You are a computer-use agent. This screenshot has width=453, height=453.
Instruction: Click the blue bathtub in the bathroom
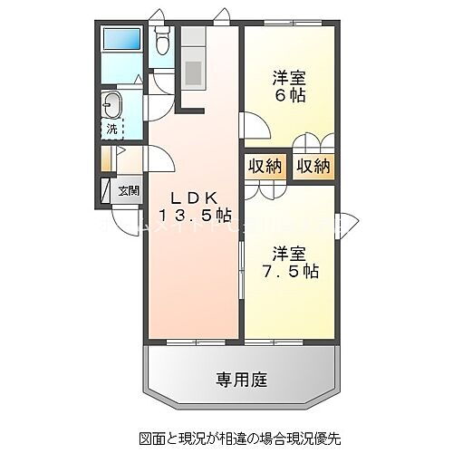pos(121,41)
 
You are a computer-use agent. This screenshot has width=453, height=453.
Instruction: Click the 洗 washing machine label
pos(111,130)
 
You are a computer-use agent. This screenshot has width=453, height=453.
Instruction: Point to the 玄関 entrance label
pos(129,190)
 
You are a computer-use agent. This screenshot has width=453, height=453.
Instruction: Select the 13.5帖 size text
pos(196,216)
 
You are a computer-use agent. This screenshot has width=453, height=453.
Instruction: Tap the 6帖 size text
pos(285,97)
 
